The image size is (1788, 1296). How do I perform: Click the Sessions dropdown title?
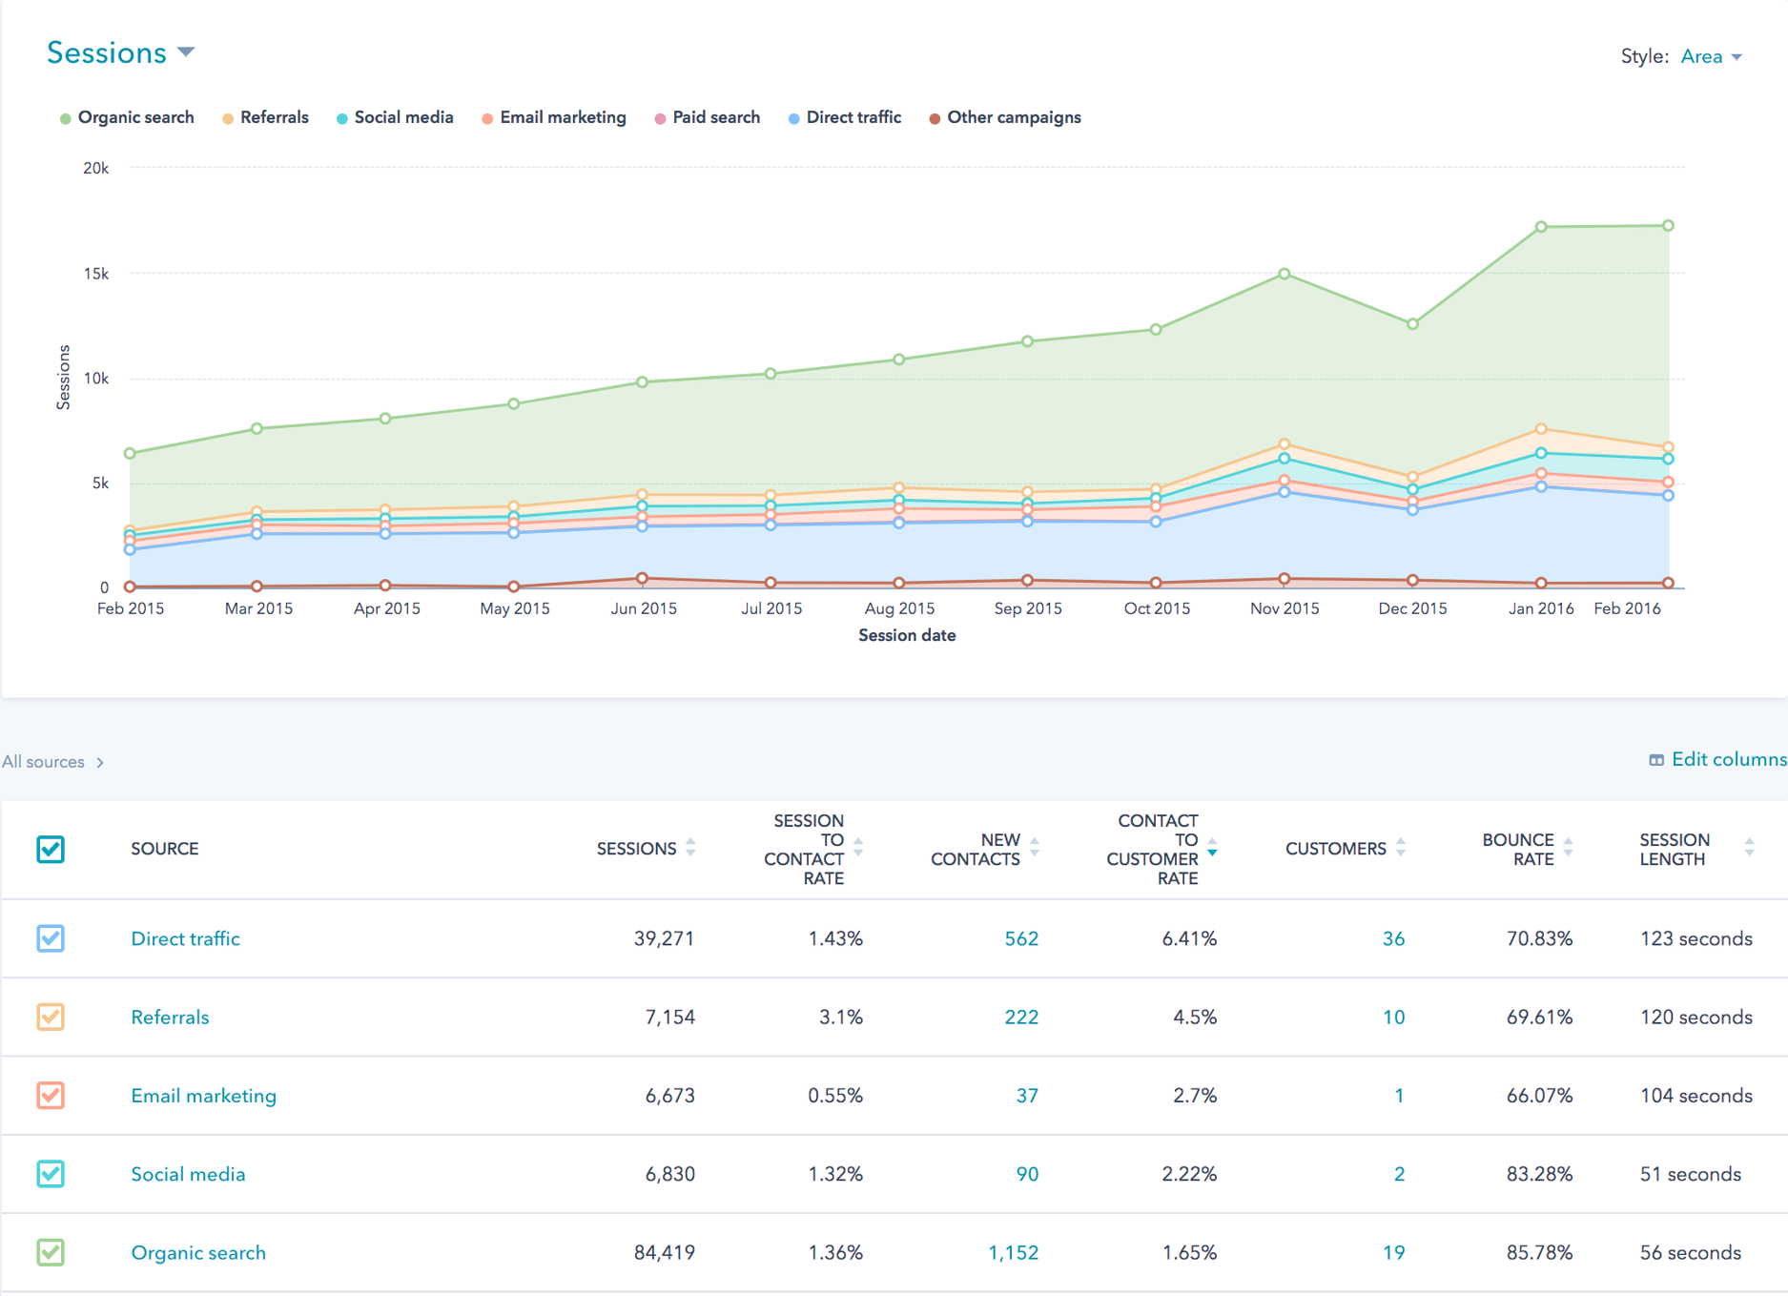click(x=120, y=53)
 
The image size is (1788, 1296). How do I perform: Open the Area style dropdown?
click(x=1711, y=57)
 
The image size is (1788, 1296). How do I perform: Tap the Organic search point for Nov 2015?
click(x=1284, y=274)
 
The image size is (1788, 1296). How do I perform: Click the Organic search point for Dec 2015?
click(x=1412, y=324)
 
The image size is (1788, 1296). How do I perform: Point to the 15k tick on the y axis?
click(x=96, y=274)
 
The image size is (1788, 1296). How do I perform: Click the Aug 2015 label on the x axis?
click(x=899, y=608)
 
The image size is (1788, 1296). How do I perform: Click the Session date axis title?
click(x=906, y=635)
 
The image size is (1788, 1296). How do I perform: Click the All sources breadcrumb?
click(x=44, y=762)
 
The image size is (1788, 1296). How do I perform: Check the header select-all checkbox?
click(x=51, y=849)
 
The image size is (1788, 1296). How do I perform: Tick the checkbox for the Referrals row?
click(x=51, y=1017)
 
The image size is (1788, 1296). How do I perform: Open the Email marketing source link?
click(x=203, y=1096)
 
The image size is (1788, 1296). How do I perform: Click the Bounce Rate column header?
click(x=1517, y=849)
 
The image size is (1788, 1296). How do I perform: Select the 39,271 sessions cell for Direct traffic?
click(x=664, y=938)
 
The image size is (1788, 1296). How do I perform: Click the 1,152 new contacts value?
click(x=1013, y=1253)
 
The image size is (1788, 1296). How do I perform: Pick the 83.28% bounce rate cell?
click(x=1538, y=1174)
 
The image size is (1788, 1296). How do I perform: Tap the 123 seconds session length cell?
click(x=1696, y=938)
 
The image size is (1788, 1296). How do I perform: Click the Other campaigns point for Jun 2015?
click(x=643, y=579)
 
